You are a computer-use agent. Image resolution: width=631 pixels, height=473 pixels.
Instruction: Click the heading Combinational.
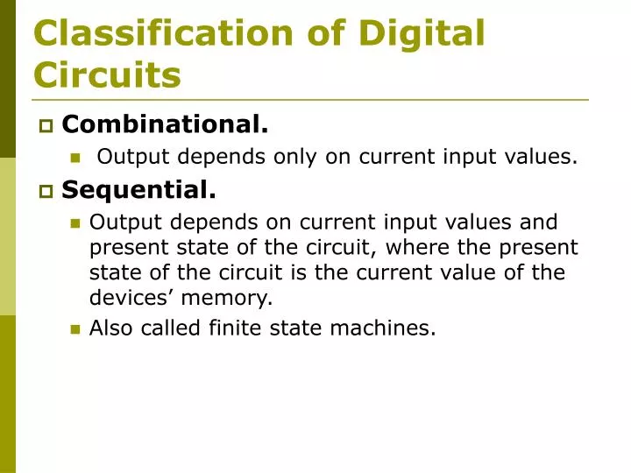pos(165,125)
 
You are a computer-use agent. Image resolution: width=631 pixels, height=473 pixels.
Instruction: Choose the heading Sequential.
pos(138,188)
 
